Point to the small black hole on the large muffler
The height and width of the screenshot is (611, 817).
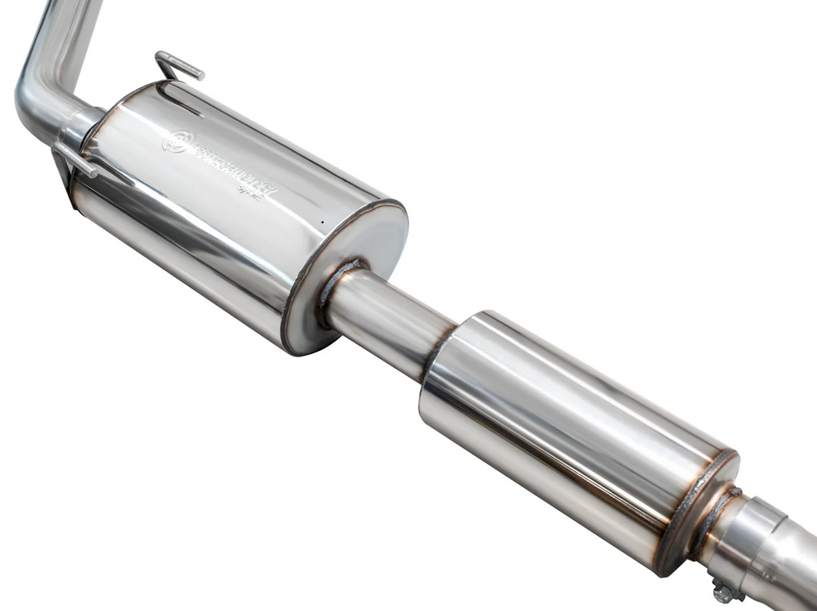point(321,222)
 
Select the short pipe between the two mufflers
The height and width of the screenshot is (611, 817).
point(387,320)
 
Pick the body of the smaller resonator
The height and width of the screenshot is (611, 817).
point(562,422)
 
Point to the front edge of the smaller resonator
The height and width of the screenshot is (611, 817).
point(441,367)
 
